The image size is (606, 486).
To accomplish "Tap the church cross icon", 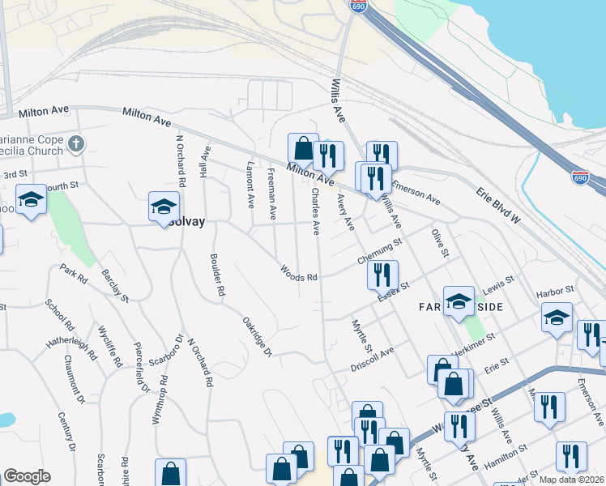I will pos(76,144).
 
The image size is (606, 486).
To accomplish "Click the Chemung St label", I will pos(379,250).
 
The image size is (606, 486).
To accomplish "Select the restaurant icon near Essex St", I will pos(382,275).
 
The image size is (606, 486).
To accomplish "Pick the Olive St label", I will pos(440,243).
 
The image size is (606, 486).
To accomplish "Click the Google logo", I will pos(27,476).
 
